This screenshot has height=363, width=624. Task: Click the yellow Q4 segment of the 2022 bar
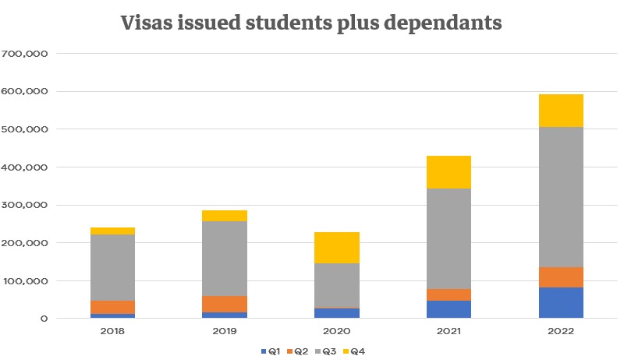click(561, 111)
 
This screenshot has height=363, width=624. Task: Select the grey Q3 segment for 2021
click(449, 238)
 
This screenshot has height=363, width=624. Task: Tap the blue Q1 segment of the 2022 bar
click(561, 302)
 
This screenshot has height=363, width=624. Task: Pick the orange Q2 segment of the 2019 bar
click(225, 304)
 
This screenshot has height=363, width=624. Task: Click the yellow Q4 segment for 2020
click(337, 248)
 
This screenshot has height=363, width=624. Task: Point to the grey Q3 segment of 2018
click(112, 268)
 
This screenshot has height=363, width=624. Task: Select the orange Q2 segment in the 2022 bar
click(561, 277)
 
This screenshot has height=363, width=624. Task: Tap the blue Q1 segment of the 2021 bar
click(449, 309)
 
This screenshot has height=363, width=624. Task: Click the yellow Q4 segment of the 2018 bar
click(112, 231)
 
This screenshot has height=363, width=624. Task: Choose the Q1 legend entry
click(271, 351)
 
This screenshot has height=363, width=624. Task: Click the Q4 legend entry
click(354, 351)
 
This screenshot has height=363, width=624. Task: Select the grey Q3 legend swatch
click(318, 351)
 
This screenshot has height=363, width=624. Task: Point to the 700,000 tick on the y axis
click(24, 54)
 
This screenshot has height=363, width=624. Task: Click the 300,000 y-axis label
click(24, 205)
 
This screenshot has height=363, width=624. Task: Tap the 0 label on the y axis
click(44, 319)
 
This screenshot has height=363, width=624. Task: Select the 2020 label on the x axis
click(337, 331)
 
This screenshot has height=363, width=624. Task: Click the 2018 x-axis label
click(112, 331)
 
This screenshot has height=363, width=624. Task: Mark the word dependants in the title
click(442, 23)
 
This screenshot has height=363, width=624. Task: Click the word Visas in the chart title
click(147, 23)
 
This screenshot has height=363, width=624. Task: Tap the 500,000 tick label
click(24, 129)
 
